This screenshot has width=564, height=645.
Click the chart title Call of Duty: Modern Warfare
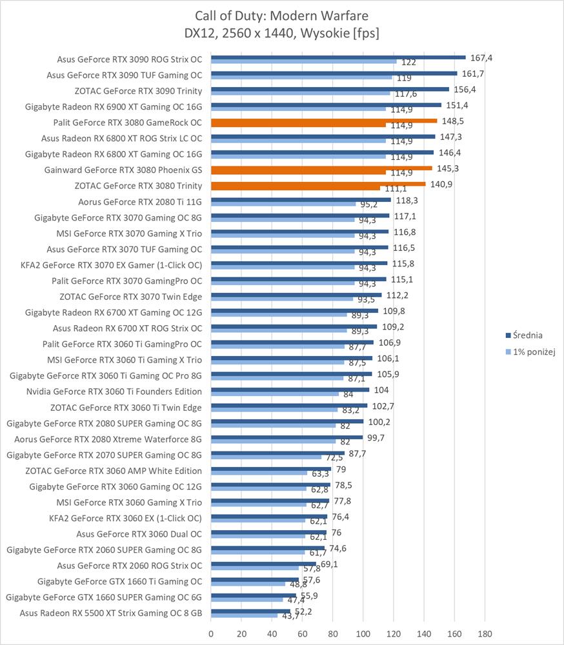pyautogui.click(x=282, y=14)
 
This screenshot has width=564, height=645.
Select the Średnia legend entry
pyautogui.click(x=533, y=335)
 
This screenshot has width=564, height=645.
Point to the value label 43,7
pyautogui.click(x=288, y=617)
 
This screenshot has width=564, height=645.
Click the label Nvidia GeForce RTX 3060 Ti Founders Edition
pyautogui.click(x=114, y=391)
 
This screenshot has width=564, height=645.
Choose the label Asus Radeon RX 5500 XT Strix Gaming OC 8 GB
pyautogui.click(x=111, y=613)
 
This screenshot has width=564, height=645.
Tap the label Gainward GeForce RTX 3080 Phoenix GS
pyautogui.click(x=123, y=170)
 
